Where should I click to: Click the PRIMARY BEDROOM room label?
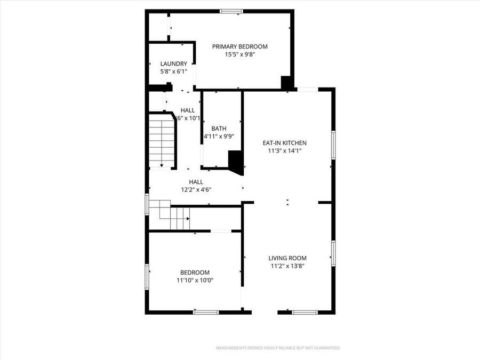pyautogui.click(x=239, y=46)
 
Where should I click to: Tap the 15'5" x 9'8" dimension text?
pyautogui.click(x=239, y=54)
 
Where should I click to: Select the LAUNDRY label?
pyautogui.click(x=173, y=63)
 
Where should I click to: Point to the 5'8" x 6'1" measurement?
pyautogui.click(x=173, y=71)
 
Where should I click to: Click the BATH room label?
pyautogui.click(x=219, y=129)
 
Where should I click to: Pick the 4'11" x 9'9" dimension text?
pyautogui.click(x=219, y=136)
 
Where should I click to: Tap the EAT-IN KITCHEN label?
pyautogui.click(x=284, y=143)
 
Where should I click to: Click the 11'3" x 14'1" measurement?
pyautogui.click(x=284, y=150)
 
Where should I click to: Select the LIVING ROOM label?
pyautogui.click(x=287, y=258)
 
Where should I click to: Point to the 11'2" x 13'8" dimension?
pyautogui.click(x=287, y=266)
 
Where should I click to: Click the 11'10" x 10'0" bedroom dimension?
pyautogui.click(x=194, y=280)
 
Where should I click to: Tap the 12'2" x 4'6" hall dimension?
pyautogui.click(x=196, y=189)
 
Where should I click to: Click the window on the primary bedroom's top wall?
pyautogui.click(x=231, y=11)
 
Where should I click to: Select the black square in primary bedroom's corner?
pyautogui.click(x=287, y=83)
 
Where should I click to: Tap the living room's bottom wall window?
pyautogui.click(x=305, y=312)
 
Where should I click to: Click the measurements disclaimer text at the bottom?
pyautogui.click(x=277, y=348)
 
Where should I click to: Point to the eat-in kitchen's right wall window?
pyautogui.click(x=333, y=144)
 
